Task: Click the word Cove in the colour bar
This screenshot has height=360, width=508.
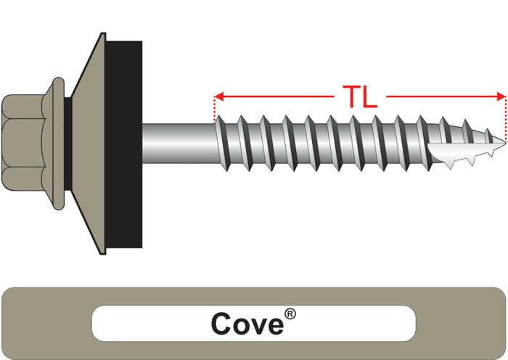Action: click(x=247, y=323)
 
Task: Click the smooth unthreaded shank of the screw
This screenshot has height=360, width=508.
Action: click(x=178, y=143)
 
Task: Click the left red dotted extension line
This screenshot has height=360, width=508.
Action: click(x=215, y=109)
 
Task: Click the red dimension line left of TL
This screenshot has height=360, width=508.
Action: click(x=276, y=96)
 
